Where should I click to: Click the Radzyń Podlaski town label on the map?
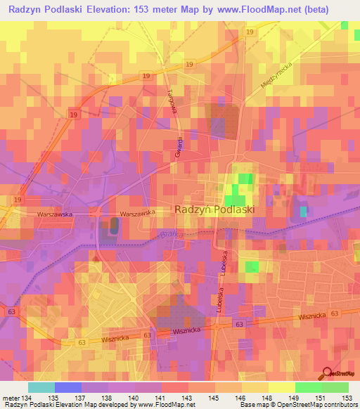coord(214,209)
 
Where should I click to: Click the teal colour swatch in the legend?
coord(41,387)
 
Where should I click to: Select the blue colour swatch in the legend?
coord(68,387)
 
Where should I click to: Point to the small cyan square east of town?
coord(304,211)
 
